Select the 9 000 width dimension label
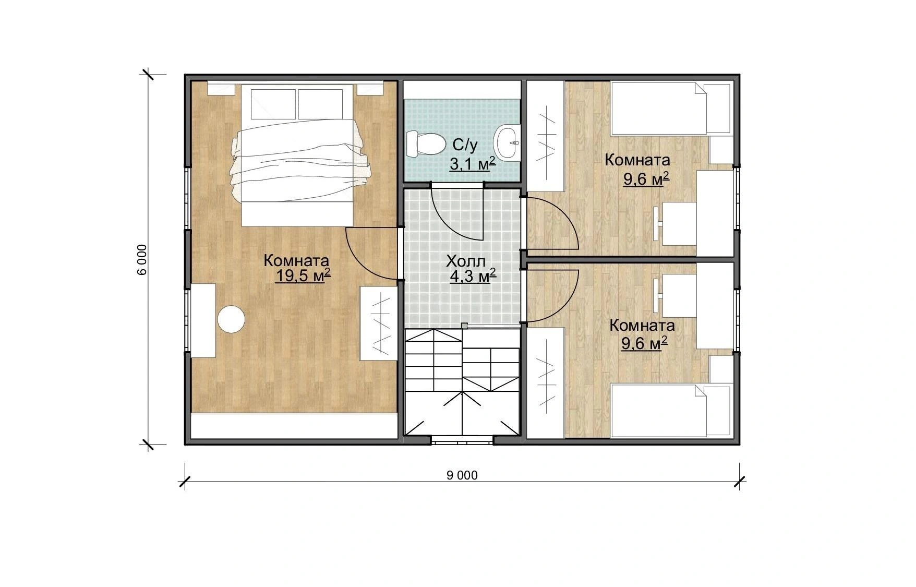(x=462, y=475)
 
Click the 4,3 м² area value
(x=473, y=275)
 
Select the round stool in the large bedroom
(x=231, y=319)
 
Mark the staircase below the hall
(x=463, y=382)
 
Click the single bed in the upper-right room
(x=670, y=108)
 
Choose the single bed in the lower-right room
(x=670, y=411)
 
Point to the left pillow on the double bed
(x=272, y=103)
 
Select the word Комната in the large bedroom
(x=296, y=260)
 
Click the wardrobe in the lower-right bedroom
(x=546, y=382)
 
